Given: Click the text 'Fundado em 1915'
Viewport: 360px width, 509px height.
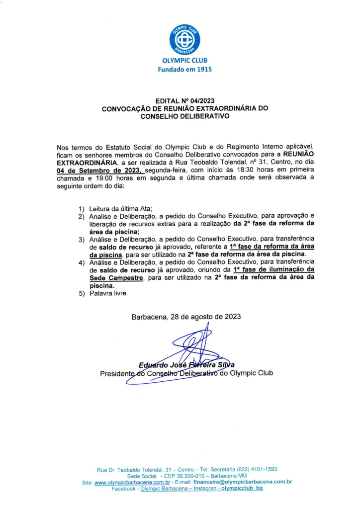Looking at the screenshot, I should [x=184, y=70].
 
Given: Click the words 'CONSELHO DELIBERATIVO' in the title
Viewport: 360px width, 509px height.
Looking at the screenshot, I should [x=184, y=116].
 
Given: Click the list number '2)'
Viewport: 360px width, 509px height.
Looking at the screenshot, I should [x=81, y=217].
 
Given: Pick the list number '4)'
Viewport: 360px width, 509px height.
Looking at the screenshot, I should [x=81, y=262].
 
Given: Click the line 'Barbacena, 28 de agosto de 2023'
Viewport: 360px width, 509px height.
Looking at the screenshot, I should [x=186, y=317].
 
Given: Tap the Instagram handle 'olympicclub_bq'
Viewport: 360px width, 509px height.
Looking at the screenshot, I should [x=242, y=489].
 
